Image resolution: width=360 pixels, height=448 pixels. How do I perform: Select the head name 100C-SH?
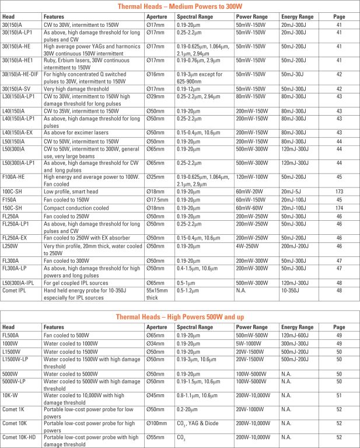tap(12, 190)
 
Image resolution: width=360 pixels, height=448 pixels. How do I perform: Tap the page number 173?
tap(338, 190)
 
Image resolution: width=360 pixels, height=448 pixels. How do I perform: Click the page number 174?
tap(338, 207)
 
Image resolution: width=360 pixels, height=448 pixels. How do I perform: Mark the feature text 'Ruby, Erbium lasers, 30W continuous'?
tap(82, 59)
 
